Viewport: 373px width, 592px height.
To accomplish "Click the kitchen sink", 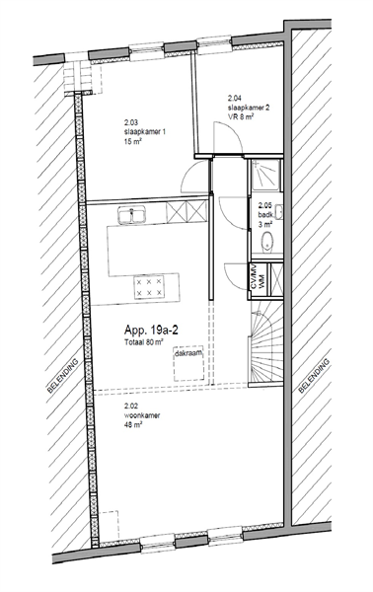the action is pyautogui.click(x=132, y=215).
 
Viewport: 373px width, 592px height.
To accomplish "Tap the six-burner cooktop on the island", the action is pyautogui.click(x=149, y=287).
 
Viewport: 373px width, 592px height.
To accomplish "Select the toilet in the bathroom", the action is pyautogui.click(x=267, y=241).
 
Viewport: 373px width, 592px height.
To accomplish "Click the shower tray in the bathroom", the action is pyautogui.click(x=266, y=175).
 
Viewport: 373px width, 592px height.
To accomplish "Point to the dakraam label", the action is pyautogui.click(x=188, y=354).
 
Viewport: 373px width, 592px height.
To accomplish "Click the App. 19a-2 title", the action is pyautogui.click(x=151, y=331).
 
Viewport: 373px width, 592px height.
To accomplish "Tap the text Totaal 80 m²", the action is pyautogui.click(x=143, y=342).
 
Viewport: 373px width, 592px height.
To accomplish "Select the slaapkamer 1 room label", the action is pyautogui.click(x=145, y=132).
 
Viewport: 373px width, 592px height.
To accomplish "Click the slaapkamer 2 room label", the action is pyautogui.click(x=249, y=108).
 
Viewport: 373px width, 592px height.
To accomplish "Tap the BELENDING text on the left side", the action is pyautogui.click(x=63, y=376).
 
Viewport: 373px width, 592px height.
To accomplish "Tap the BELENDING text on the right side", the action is pyautogui.click(x=314, y=376).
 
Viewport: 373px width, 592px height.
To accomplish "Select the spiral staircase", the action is pyautogui.click(x=265, y=345).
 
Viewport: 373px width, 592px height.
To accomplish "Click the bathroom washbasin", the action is pyautogui.click(x=279, y=211).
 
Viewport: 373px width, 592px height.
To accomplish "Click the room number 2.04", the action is pyautogui.click(x=234, y=98).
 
